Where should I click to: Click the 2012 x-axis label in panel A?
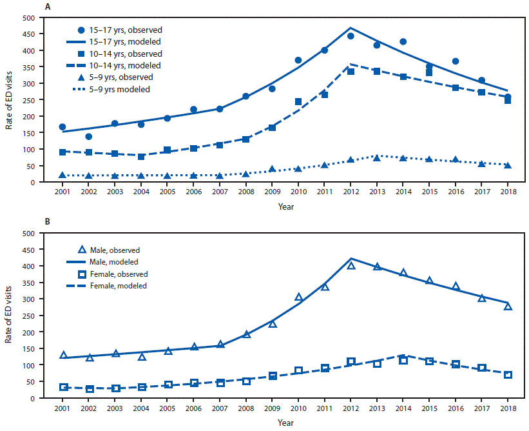[351, 192]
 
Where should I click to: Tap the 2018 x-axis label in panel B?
[508, 408]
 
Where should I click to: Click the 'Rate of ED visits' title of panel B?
[10, 315]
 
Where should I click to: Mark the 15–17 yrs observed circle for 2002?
[89, 137]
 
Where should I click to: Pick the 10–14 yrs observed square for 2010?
[298, 102]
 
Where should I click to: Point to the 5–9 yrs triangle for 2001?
[63, 175]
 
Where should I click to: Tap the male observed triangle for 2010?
[298, 297]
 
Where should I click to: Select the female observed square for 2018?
[508, 375]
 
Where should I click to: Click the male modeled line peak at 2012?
[351, 259]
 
